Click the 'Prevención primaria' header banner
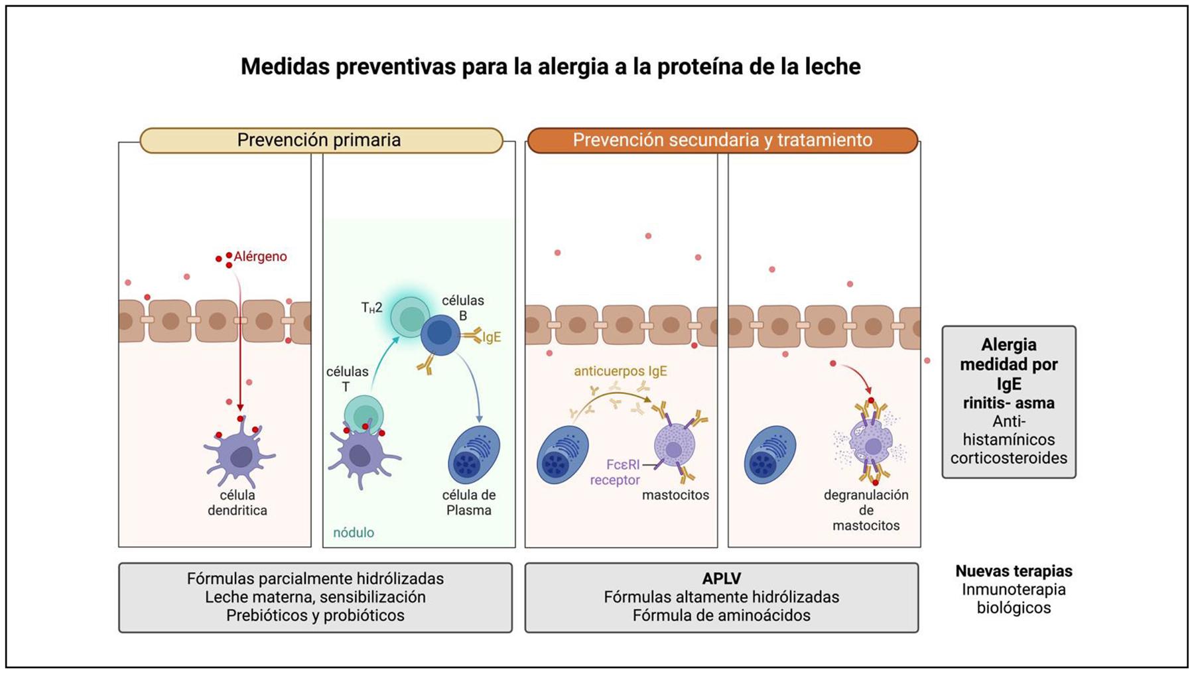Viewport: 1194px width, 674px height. coord(320,140)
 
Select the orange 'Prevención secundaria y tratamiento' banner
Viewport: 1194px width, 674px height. coord(722,140)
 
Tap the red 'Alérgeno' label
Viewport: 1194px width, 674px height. coord(260,257)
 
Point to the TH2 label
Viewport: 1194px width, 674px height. coord(371,308)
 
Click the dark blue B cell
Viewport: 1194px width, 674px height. coord(440,334)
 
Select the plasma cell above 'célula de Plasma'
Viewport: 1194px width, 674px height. coord(474,454)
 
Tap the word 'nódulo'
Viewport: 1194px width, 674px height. coord(354,533)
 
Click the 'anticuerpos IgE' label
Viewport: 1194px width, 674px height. coord(620,371)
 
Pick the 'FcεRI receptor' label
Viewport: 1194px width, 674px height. coord(615,472)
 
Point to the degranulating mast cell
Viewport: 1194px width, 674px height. coord(871,442)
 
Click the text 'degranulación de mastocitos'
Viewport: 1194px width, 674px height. coord(866,510)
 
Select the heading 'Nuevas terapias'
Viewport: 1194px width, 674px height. coord(1014,571)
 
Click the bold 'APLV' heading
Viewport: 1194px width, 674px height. coord(721,578)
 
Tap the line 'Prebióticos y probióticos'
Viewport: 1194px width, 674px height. coord(315,616)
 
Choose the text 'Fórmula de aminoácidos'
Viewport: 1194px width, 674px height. coord(721,616)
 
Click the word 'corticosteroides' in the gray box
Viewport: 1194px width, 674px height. coord(1008,458)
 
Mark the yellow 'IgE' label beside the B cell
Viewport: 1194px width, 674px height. coord(492,337)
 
